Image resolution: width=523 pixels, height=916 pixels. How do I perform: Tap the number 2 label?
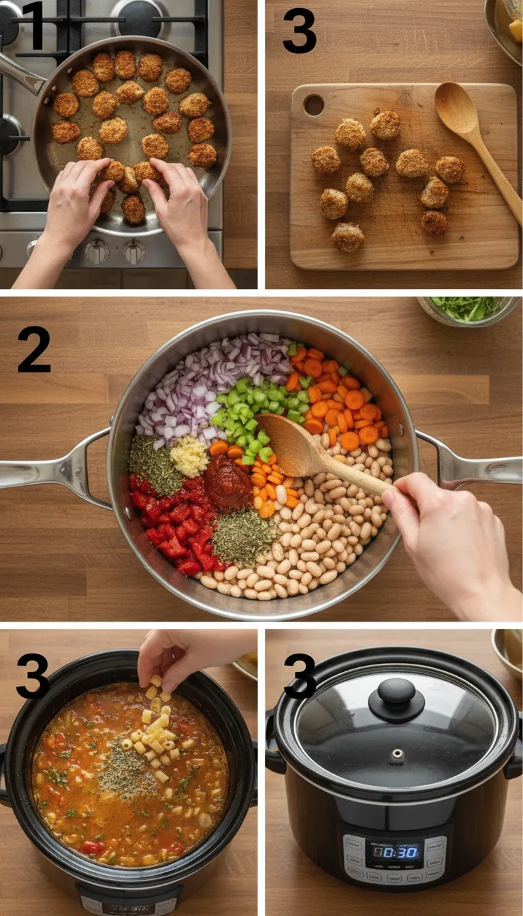pyautogui.click(x=34, y=349)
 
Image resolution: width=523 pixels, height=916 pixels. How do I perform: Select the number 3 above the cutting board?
pyautogui.click(x=300, y=31)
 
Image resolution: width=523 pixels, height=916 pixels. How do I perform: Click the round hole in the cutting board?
pyautogui.click(x=314, y=104)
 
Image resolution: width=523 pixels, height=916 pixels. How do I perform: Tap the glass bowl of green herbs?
pyautogui.click(x=469, y=310)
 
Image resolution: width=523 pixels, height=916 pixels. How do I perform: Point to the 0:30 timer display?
pyautogui.click(x=395, y=851)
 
